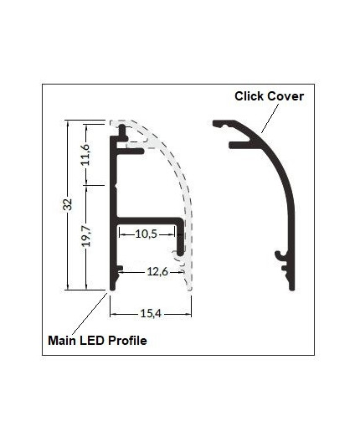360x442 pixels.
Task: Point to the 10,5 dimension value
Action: pyautogui.click(x=147, y=234)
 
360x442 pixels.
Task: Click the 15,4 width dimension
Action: pyautogui.click(x=152, y=313)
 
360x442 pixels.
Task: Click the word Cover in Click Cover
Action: pyautogui.click(x=285, y=96)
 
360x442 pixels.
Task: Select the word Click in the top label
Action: pyautogui.click(x=250, y=96)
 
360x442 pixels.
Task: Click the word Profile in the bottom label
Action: pyautogui.click(x=126, y=342)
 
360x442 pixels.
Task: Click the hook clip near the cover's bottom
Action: pyautogui.click(x=280, y=254)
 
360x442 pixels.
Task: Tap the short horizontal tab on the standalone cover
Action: pyautogui.click(x=243, y=145)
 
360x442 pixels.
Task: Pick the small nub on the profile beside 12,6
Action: pyautogui.click(x=121, y=270)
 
